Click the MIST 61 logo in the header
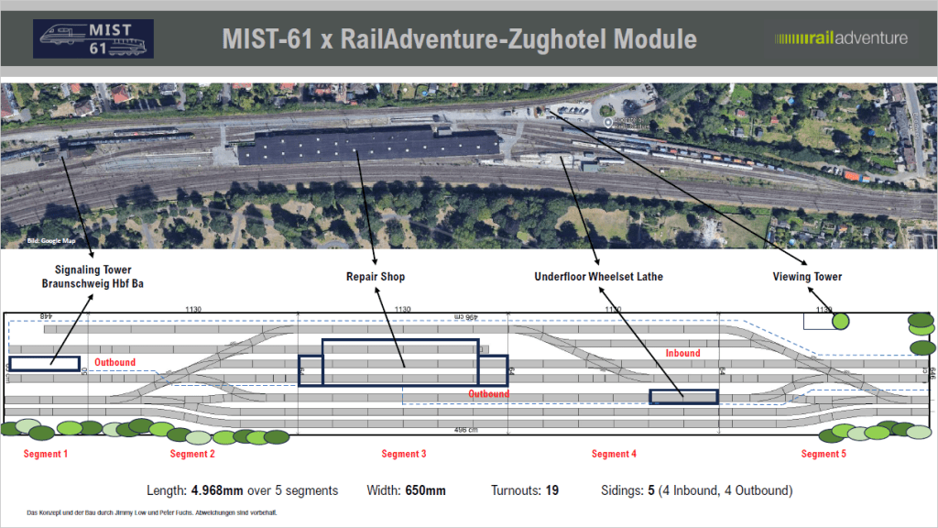[93, 38]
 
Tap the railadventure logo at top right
[841, 38]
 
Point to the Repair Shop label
[376, 276]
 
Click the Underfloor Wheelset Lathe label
[599, 276]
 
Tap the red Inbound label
[682, 353]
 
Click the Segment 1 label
[45, 454]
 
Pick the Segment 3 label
[404, 454]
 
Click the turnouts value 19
[551, 490]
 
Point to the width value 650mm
[425, 490]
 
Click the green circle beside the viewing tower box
[840, 322]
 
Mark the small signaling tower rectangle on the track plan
[45, 364]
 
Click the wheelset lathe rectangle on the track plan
[683, 397]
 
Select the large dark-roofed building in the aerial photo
[372, 146]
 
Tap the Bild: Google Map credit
[50, 241]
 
